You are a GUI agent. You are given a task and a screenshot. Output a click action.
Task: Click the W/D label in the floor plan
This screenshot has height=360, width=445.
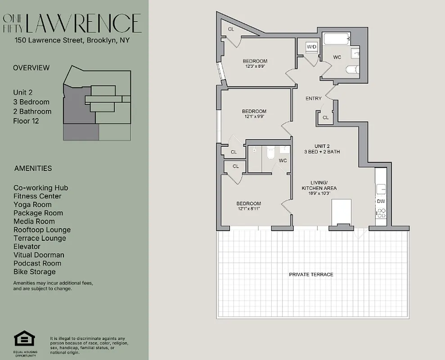311,47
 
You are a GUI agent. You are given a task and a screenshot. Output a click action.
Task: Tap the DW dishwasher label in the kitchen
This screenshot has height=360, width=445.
381,201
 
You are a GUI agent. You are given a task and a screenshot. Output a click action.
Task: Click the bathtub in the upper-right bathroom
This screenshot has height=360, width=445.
337,39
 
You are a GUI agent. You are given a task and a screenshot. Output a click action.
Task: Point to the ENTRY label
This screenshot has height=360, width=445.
313,98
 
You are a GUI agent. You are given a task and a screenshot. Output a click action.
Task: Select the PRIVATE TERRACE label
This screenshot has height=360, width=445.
311,274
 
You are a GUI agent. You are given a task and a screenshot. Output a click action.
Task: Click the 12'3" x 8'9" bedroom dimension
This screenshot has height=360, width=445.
255,66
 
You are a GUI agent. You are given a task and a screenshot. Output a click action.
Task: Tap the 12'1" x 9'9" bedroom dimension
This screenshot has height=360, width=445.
254,116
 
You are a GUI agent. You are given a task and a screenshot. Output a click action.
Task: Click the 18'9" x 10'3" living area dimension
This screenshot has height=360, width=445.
319,193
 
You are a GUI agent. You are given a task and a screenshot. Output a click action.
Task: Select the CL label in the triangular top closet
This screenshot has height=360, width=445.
231,29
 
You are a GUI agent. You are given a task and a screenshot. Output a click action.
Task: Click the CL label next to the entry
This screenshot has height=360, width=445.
325,118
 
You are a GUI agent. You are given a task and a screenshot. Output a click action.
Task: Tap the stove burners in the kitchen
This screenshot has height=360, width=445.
381,213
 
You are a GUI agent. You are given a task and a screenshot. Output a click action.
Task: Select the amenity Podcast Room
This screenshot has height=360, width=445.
37,263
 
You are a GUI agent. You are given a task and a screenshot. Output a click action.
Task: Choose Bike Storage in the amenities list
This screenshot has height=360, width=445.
35,272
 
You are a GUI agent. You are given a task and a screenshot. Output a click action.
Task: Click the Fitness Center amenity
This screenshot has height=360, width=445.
37,196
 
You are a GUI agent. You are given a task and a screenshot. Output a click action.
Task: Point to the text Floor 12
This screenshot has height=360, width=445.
26,121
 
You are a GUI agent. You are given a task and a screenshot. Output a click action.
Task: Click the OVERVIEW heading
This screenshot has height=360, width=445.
31,68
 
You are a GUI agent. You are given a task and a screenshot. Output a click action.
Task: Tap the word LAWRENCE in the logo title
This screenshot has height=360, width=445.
84,23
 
